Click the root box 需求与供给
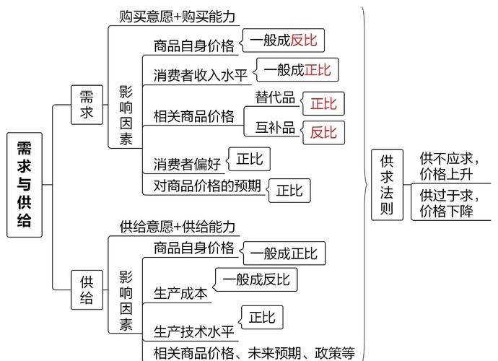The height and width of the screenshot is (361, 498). [x=25, y=185]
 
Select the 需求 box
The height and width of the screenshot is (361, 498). [x=87, y=105]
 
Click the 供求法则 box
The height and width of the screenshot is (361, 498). [x=388, y=185]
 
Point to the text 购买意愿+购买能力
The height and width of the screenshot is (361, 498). [x=177, y=16]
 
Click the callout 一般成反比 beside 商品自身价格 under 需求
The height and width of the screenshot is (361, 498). [x=283, y=40]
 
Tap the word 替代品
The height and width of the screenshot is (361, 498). [x=275, y=97]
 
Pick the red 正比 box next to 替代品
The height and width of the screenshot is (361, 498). [x=323, y=103]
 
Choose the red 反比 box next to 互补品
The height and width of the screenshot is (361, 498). [x=323, y=132]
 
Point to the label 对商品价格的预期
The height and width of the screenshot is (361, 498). [x=207, y=186]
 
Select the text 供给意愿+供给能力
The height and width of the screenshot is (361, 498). [x=177, y=226]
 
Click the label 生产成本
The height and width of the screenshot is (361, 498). [x=180, y=293]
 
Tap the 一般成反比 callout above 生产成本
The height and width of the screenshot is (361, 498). [x=255, y=279]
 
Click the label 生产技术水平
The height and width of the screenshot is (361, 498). [x=194, y=332]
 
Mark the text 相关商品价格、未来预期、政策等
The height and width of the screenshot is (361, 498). [x=254, y=352]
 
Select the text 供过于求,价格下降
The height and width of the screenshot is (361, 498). [x=447, y=203]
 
